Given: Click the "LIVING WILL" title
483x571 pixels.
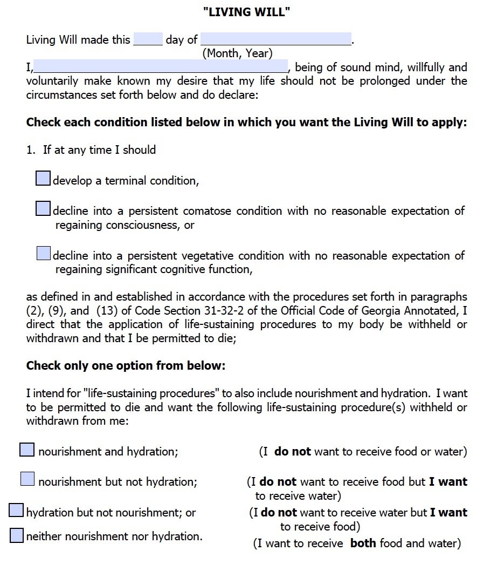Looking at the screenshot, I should (247, 12).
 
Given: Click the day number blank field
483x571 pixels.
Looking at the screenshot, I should (148, 39).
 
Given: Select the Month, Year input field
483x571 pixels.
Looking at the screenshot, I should (276, 39).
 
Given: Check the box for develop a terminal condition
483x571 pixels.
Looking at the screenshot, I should (43, 179).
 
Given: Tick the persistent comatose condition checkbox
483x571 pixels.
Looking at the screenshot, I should (43, 209).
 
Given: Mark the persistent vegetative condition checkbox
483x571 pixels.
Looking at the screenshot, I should (44, 253).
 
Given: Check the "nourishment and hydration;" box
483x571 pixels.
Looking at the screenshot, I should (27, 450).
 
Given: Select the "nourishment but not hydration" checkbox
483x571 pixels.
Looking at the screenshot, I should (27, 479).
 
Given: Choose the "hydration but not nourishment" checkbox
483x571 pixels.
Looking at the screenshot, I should (17, 511).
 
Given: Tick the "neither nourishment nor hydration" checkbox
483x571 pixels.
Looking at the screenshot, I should (17, 535).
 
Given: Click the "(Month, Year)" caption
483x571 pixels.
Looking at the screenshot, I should (237, 53).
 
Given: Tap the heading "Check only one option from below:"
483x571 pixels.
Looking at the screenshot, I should (126, 366).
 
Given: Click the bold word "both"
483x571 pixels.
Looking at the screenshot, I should (363, 543).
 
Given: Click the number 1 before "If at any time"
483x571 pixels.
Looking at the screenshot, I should (30, 150).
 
